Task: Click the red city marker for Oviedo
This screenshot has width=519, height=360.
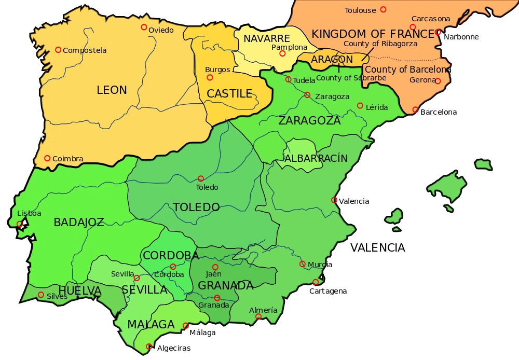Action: point(144,27)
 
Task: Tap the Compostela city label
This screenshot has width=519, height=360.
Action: point(85,50)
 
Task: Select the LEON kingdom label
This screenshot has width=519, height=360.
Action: point(112,90)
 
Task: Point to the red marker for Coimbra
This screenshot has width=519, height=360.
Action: point(47,158)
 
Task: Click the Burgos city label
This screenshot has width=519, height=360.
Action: point(217,70)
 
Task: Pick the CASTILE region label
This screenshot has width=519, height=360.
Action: point(229,94)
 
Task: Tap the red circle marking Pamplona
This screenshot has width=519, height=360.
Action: point(282,53)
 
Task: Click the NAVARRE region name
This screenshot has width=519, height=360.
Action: point(266,39)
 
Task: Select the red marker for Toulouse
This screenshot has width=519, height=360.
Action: point(383,9)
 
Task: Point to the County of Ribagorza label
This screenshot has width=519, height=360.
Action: point(380,44)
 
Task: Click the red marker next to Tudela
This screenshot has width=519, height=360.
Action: point(288,79)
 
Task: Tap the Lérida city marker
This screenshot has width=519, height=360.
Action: point(360,106)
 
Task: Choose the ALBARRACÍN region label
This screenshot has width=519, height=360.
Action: point(316,158)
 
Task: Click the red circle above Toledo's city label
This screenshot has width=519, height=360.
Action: point(201,178)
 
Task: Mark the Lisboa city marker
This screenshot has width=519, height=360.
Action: point(20,224)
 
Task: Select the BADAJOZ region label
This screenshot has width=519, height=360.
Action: point(79,223)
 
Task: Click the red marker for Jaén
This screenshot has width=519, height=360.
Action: point(215,267)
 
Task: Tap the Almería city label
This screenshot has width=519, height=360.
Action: point(263,310)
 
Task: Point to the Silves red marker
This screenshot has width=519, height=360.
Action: point(41,295)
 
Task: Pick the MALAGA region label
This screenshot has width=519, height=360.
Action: point(151,324)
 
